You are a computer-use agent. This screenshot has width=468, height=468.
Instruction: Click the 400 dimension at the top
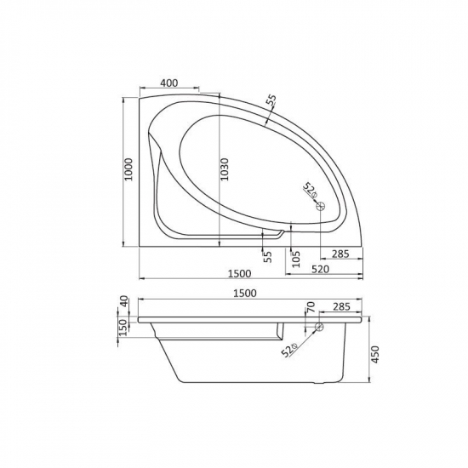pos(168,83)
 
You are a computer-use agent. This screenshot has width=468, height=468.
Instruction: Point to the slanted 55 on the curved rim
pos(271,104)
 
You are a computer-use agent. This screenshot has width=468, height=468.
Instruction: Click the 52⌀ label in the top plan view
pos(309,191)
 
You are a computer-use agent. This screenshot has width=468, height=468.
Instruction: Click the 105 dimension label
pos(294,259)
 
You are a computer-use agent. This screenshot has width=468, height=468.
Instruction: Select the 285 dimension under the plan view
pos(340,254)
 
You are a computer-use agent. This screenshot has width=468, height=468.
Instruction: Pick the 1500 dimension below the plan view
pos(239,272)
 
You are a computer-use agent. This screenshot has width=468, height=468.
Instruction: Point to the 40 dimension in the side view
pos(124,302)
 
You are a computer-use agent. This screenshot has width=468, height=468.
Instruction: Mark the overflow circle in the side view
pos(318,328)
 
